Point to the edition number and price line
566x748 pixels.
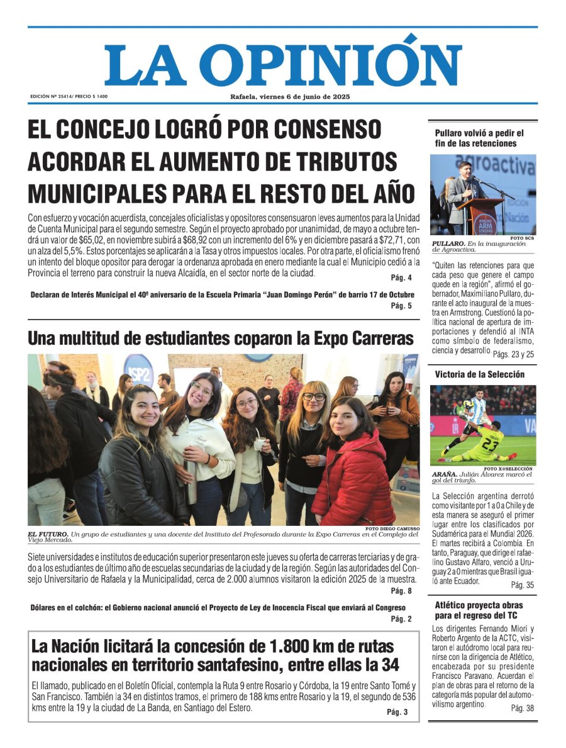click(x=69, y=96)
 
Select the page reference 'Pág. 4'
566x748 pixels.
click(x=401, y=278)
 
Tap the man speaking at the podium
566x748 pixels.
click(x=462, y=192)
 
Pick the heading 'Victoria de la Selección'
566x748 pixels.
click(x=479, y=374)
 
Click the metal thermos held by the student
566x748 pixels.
click(x=191, y=481)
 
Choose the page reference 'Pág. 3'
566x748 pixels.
click(x=397, y=712)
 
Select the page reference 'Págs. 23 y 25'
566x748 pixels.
click(x=513, y=355)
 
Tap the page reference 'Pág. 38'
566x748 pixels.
click(x=522, y=708)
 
